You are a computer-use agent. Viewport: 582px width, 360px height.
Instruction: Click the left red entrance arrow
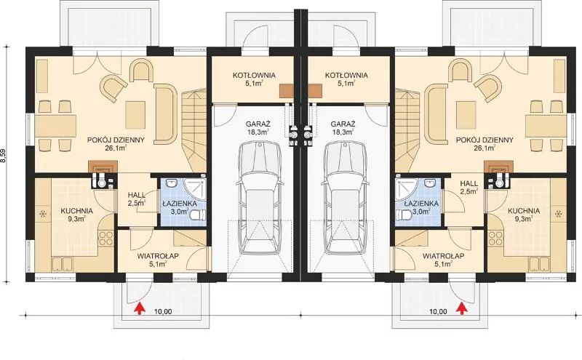140,309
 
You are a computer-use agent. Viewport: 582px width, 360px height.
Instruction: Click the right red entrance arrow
462,309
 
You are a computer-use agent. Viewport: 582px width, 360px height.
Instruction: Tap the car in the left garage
260,198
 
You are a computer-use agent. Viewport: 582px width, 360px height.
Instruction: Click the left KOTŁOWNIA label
254,76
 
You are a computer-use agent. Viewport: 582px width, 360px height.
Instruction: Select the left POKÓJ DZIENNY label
116,140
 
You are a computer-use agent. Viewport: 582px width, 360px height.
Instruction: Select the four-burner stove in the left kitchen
106,238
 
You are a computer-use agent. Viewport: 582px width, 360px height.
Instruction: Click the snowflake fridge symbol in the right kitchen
557,214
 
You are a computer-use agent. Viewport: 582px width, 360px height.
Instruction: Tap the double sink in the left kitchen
62,264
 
